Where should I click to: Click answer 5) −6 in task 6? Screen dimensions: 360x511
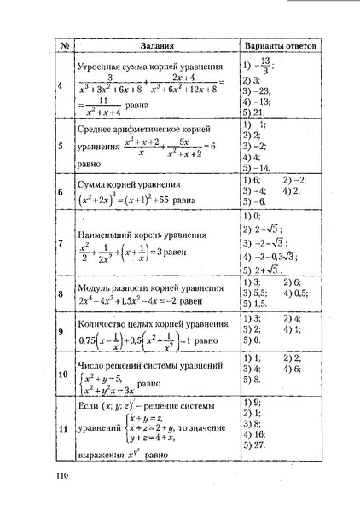click(254, 201)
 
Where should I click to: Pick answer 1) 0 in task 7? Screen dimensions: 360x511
click(252, 216)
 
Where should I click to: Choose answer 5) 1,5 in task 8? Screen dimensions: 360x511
click(255, 303)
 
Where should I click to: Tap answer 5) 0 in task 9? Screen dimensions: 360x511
click(252, 340)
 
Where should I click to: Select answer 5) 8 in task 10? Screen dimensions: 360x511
click(252, 380)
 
